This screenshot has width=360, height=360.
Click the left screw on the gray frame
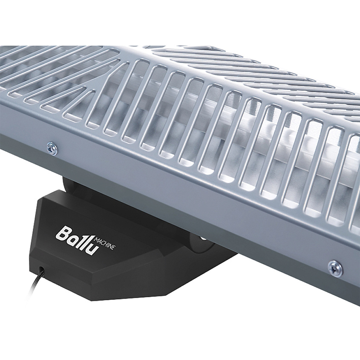(x=52, y=147)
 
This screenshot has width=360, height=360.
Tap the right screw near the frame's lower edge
(x=334, y=266)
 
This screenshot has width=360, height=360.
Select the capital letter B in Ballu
(x=63, y=234)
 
